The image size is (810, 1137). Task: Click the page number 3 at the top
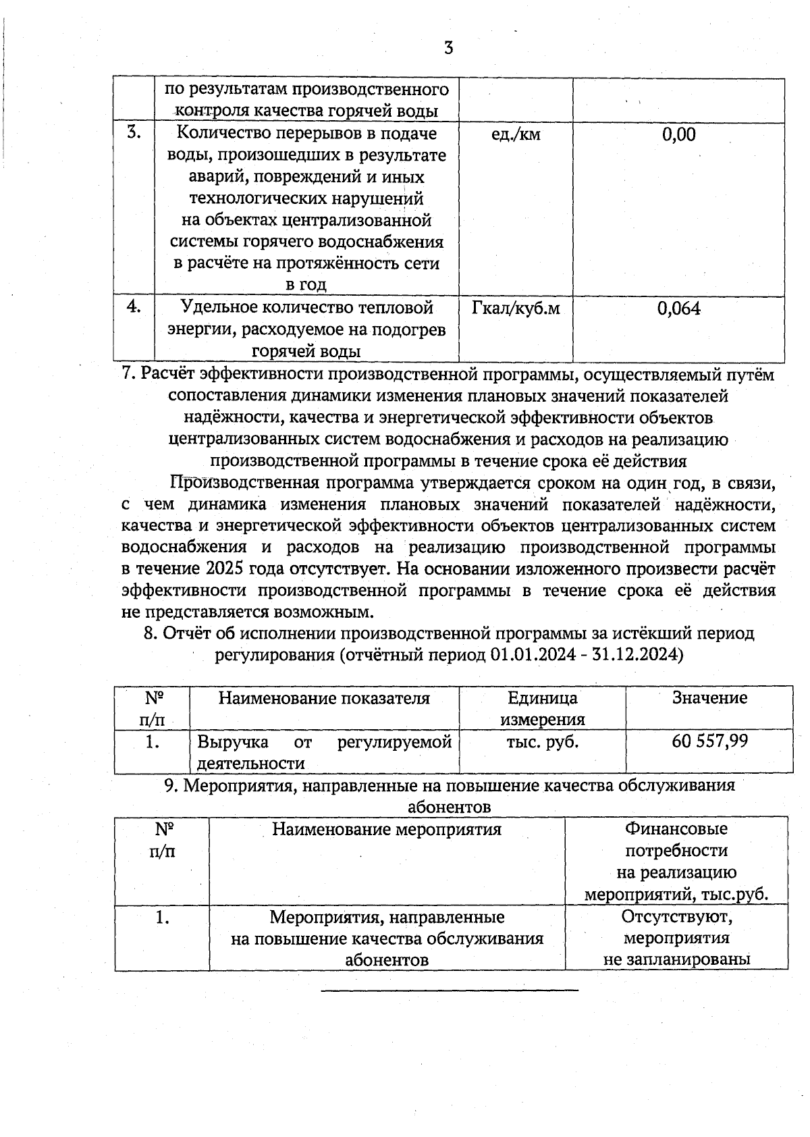(448, 48)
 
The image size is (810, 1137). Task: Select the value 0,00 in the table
(678, 134)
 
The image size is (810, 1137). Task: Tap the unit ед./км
(516, 134)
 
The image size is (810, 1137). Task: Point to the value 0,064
(678, 309)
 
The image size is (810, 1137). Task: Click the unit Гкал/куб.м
(516, 309)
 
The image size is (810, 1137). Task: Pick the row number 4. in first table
(134, 307)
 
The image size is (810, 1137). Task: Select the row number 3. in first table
(134, 132)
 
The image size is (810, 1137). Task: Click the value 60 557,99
(709, 741)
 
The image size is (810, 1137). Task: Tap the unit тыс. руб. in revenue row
(542, 741)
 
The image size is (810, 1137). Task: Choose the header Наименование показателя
(324, 698)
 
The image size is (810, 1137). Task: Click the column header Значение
(709, 698)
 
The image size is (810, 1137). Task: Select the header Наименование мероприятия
(387, 829)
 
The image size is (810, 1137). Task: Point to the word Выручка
(232, 743)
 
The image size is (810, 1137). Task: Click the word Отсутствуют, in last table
(677, 918)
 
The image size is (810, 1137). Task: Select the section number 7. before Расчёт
(130, 375)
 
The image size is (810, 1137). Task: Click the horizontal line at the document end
(450, 990)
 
